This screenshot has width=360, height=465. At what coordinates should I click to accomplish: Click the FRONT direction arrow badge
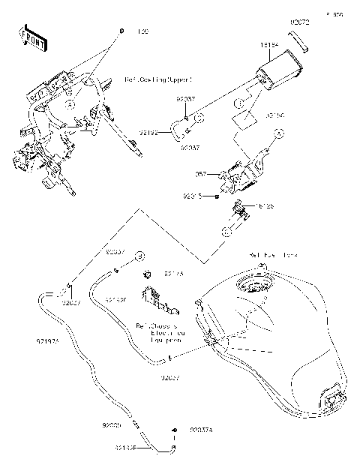pyautogui.click(x=29, y=37)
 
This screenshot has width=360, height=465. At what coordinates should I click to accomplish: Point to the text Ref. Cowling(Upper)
pyautogui.click(x=158, y=79)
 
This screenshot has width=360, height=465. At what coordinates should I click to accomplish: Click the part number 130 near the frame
pyautogui.click(x=142, y=32)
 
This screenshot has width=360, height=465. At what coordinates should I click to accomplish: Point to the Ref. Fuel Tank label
pyautogui.click(x=274, y=255)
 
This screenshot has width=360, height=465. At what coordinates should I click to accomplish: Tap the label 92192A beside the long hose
pyautogui.click(x=47, y=341)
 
